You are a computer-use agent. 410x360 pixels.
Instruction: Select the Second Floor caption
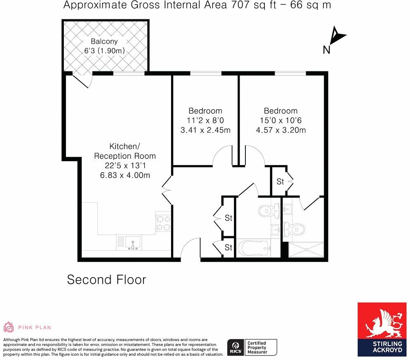pyautogui.click(x=106, y=280)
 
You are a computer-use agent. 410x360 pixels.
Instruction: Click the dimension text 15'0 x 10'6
pyautogui.click(x=280, y=121)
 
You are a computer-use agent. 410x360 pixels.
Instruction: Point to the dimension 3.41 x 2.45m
pyautogui.click(x=205, y=130)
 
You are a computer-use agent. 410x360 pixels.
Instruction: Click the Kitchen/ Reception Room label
pyautogui.click(x=125, y=151)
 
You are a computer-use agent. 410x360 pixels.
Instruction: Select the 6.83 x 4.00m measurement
pyautogui.click(x=125, y=175)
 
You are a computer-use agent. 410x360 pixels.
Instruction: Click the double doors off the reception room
pyautogui.click(x=167, y=190)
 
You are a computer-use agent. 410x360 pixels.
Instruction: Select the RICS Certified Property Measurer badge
pyautogui.click(x=252, y=347)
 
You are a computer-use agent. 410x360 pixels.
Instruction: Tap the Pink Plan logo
pyautogui.click(x=27, y=327)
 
